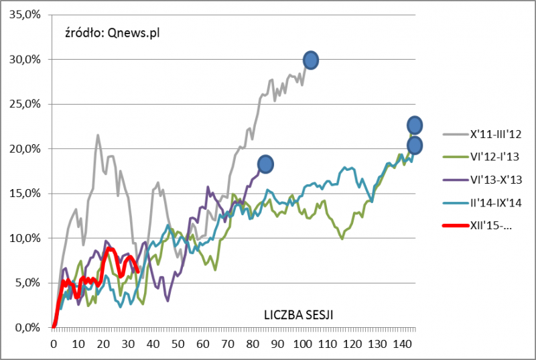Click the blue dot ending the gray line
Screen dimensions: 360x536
point(310,60)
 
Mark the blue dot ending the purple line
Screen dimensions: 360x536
point(265,164)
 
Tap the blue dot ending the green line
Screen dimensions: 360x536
point(415,125)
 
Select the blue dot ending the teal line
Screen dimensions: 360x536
point(415,145)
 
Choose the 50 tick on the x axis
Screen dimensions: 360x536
point(178,343)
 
